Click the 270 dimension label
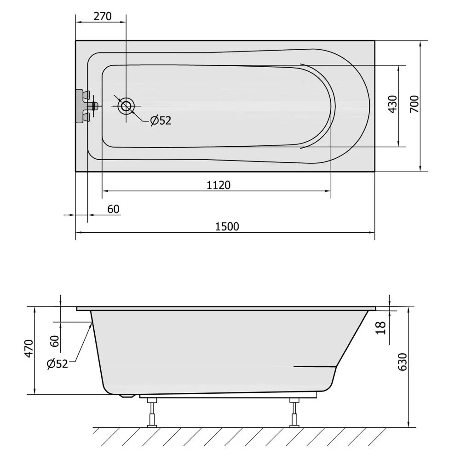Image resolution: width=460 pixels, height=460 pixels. click(103, 16)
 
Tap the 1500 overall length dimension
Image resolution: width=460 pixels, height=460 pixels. click(227, 226)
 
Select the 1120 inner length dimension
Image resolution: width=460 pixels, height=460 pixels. click(218, 185)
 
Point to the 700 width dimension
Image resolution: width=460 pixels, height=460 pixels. click(414, 104)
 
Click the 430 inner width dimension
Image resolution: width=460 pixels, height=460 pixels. click(392, 104)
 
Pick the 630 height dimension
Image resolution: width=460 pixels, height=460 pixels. click(402, 362)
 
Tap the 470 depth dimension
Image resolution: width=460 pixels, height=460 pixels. click(29, 349)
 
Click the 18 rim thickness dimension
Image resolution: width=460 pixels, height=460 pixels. click(380, 328)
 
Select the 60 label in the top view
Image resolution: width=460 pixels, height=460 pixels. click(113, 209)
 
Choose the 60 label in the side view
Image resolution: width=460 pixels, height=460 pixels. click(55, 341)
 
